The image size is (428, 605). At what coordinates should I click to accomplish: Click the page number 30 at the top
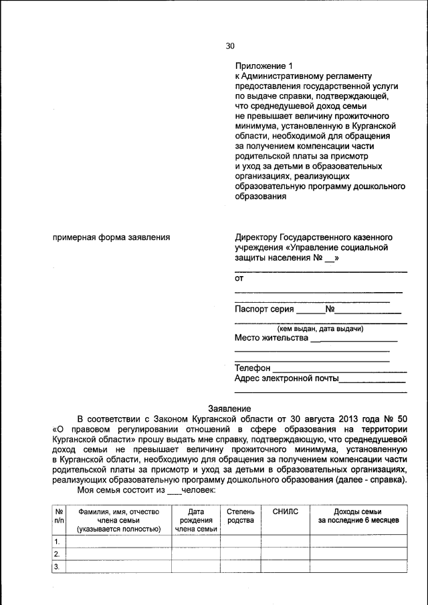click(x=230, y=46)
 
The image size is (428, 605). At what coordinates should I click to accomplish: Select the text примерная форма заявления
click(x=110, y=237)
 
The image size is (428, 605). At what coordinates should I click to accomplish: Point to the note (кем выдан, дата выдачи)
click(x=320, y=329)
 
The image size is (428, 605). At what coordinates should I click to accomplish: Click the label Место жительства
click(x=271, y=338)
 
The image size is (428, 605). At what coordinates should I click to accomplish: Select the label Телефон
click(x=252, y=368)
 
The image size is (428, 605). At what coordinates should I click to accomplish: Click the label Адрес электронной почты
click(x=286, y=378)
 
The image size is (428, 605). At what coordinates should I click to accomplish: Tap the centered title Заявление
click(x=230, y=408)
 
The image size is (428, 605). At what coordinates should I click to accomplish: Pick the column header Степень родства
click(x=241, y=515)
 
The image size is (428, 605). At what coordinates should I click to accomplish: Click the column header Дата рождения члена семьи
click(x=196, y=519)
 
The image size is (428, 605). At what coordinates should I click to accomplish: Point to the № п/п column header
click(x=59, y=515)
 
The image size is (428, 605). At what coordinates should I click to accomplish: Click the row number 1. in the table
click(x=58, y=541)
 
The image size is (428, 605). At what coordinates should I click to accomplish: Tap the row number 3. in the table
click(x=58, y=567)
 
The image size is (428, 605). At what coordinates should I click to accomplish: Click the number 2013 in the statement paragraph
click(x=344, y=418)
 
